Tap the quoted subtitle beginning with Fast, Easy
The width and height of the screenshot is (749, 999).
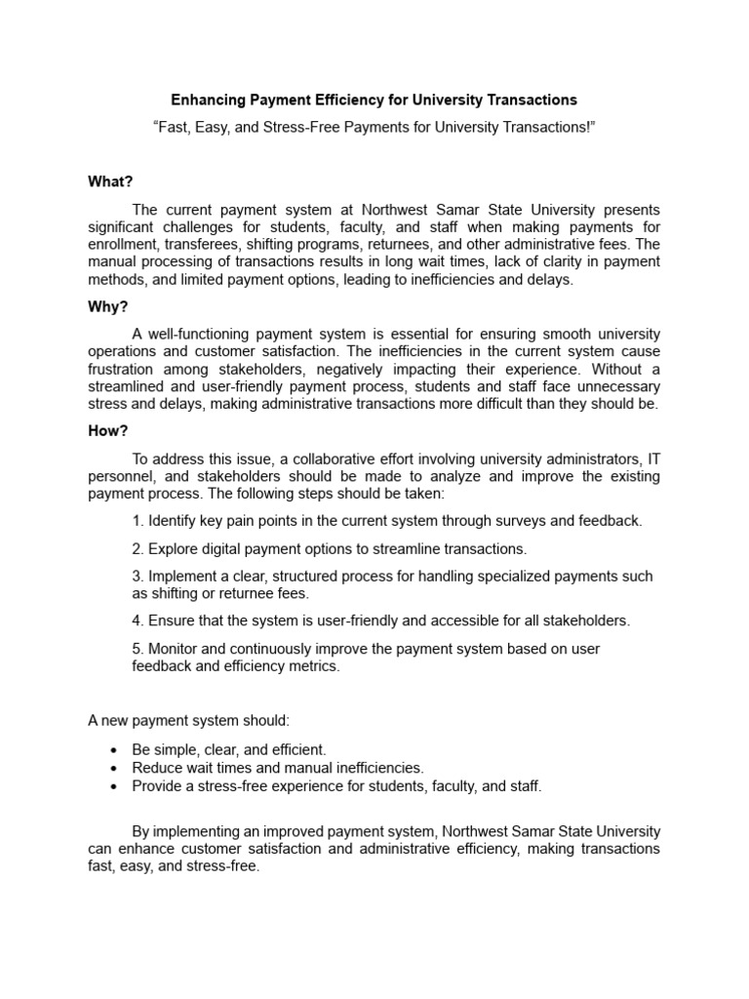[x=374, y=128]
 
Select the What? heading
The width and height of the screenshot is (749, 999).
[x=110, y=181]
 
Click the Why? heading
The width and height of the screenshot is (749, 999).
[x=108, y=306]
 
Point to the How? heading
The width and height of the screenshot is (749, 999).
[x=108, y=431]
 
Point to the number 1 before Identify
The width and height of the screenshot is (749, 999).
[x=137, y=521]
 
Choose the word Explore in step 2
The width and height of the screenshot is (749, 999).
[x=174, y=548]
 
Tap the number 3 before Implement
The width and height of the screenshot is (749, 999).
[x=137, y=576]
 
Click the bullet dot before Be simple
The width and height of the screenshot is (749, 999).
[x=114, y=750]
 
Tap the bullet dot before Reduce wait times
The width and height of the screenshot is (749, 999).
[x=114, y=768]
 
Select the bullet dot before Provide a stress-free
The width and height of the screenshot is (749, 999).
[x=114, y=786]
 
